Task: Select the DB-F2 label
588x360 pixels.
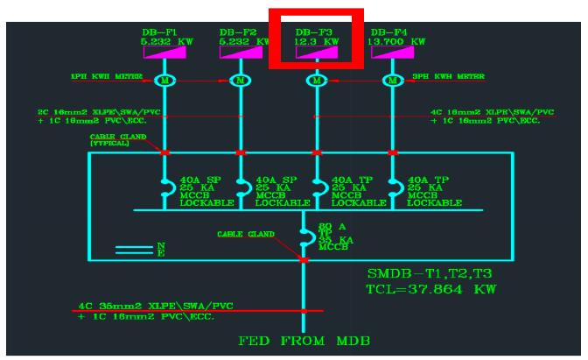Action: [x=239, y=32]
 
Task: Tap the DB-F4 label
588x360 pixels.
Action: [x=390, y=32]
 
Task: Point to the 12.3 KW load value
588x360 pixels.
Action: [x=317, y=42]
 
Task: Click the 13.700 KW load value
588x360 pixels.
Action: [x=398, y=42]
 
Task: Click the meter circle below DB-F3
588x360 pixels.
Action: [x=317, y=81]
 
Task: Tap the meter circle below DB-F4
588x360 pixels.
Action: [x=393, y=81]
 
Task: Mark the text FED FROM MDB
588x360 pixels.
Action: [x=303, y=340]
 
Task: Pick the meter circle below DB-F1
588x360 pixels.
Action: [x=164, y=81]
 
